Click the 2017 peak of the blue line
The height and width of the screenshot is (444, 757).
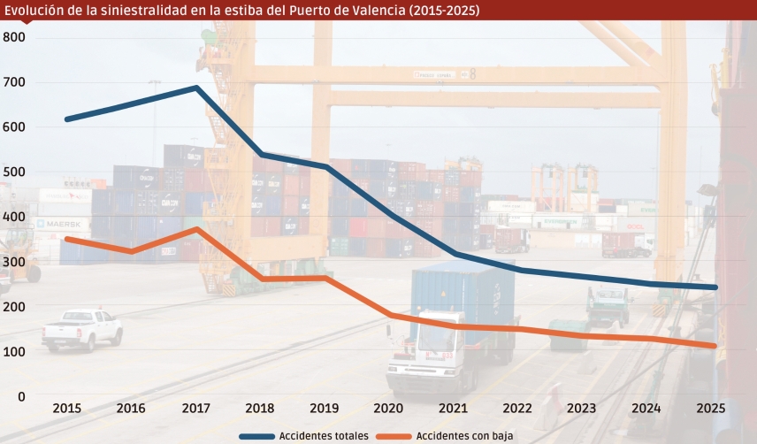[x=195, y=88]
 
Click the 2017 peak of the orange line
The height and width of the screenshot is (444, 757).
[x=195, y=229]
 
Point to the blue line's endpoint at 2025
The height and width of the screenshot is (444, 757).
[x=715, y=287]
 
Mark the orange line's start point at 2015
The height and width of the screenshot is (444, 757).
[x=67, y=239]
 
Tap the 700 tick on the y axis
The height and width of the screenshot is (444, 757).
[x=14, y=82]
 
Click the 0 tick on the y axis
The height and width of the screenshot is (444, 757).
[x=21, y=397]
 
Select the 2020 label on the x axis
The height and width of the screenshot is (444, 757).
[x=388, y=409]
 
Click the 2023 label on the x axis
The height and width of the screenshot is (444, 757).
[x=581, y=409]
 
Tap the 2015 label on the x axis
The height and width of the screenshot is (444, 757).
[x=67, y=409]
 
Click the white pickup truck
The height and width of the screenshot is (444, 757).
[x=81, y=328]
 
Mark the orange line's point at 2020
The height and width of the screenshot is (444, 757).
[x=388, y=315]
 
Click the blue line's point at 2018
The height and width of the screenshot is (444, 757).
[x=260, y=154]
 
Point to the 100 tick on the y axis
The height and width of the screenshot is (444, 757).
[x=14, y=352]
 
